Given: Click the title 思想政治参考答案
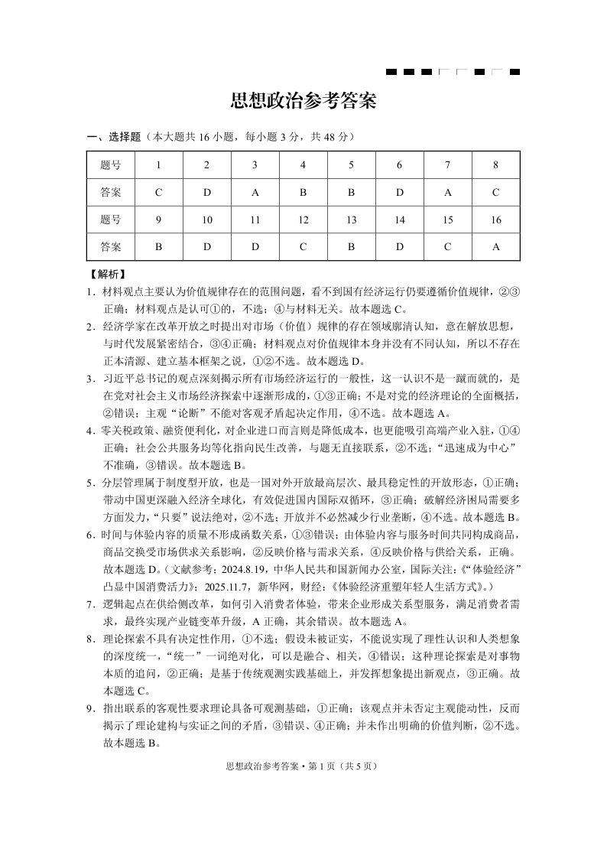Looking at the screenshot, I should (303, 102).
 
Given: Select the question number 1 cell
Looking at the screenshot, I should (158, 165).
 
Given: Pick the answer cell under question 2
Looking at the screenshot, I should (206, 193).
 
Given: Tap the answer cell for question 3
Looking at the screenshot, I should (255, 193).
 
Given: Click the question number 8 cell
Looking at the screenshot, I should (495, 165).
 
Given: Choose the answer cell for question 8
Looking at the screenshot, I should (495, 193).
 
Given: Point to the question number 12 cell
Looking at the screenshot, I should (303, 220).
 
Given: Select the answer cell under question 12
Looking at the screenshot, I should (303, 247).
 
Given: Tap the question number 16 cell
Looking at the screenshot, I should (495, 220).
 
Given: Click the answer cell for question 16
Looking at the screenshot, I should (495, 247).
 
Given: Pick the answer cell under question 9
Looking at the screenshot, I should (158, 247).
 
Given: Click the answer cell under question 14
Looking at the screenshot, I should (399, 247).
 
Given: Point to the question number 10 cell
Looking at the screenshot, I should (206, 220).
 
